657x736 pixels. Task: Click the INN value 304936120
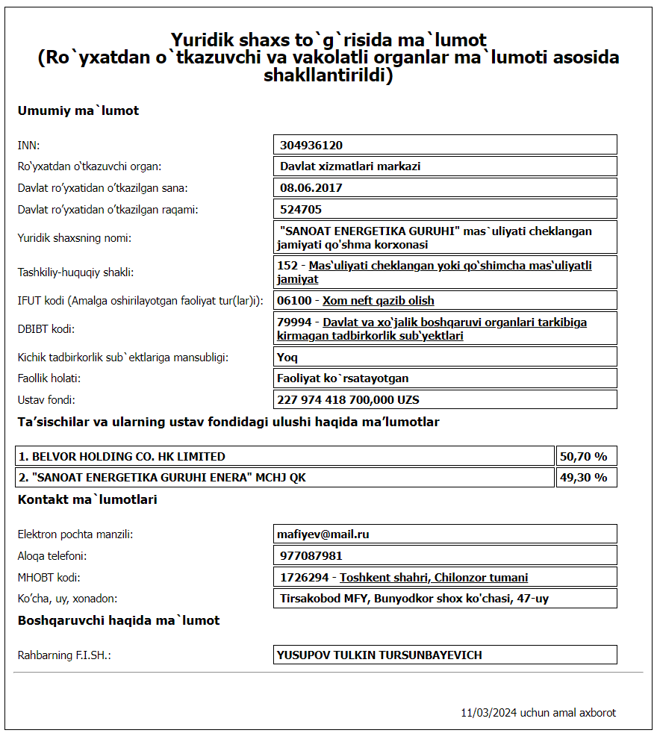[311, 145]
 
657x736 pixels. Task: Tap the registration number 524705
[302, 209]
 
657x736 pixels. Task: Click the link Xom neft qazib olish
[378, 300]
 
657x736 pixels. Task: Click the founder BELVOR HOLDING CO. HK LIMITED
[122, 456]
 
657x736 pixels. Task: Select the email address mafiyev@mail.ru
[323, 534]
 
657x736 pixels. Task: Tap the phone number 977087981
[311, 555]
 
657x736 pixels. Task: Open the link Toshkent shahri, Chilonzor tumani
[434, 577]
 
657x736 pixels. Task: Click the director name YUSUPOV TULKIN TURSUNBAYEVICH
[379, 655]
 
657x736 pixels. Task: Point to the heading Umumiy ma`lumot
[78, 111]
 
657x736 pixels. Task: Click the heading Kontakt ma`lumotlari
[87, 499]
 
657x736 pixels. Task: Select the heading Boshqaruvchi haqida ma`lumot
[119, 620]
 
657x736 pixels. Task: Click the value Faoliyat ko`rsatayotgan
[343, 378]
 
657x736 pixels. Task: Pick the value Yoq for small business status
[287, 357]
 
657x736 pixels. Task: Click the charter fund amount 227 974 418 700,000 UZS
[348, 399]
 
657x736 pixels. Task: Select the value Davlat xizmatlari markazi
[350, 166]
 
